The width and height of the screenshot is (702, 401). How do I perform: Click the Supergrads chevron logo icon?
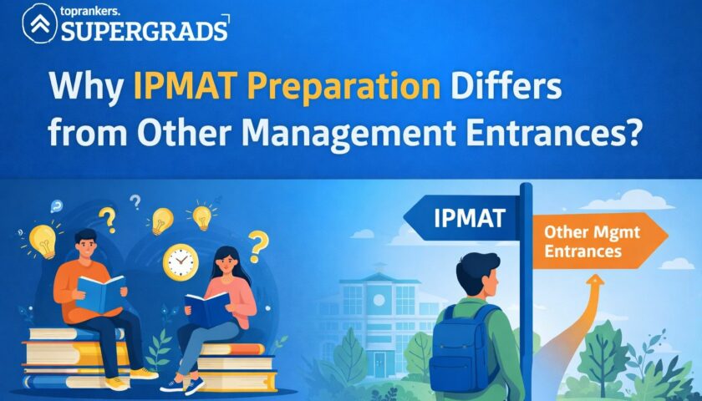pyautogui.click(x=40, y=23)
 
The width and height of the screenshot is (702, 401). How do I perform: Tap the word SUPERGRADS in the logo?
pyautogui.click(x=144, y=32)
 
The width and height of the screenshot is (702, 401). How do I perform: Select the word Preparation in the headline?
pyautogui.click(x=343, y=87)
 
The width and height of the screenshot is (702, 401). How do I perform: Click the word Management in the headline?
pyautogui.click(x=348, y=134)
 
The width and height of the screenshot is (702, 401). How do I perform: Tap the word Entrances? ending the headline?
pyautogui.click(x=552, y=132)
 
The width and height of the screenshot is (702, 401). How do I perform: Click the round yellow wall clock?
pyautogui.click(x=181, y=262)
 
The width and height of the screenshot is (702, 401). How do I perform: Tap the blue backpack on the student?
pyautogui.click(x=462, y=350)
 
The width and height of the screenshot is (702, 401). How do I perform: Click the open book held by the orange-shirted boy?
pyautogui.click(x=101, y=292)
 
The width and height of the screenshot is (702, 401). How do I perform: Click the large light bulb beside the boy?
pyautogui.click(x=43, y=241)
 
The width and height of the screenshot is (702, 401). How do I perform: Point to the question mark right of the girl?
pyautogui.click(x=258, y=246)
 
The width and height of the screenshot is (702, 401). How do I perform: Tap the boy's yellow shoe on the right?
pyautogui.click(x=144, y=373)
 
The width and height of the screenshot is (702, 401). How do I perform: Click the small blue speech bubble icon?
pyautogui.click(x=57, y=206)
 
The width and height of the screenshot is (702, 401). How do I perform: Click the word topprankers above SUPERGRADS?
pyautogui.click(x=86, y=12)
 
